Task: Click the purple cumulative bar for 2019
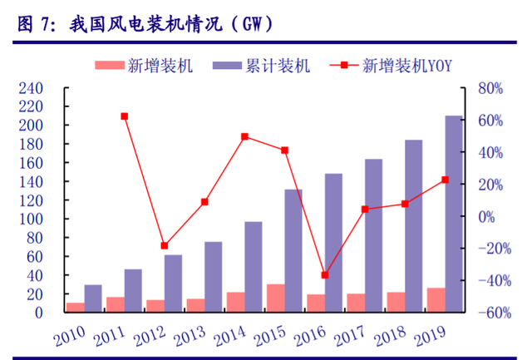[454, 214]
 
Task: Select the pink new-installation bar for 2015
[275, 298]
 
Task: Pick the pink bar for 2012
[155, 306]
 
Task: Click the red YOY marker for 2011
[124, 116]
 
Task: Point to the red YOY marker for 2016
[325, 275]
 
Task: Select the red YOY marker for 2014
[244, 136]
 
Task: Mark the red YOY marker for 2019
[445, 180]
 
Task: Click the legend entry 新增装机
[145, 66]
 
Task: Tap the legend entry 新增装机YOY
[391, 66]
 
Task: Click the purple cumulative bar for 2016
[333, 243]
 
